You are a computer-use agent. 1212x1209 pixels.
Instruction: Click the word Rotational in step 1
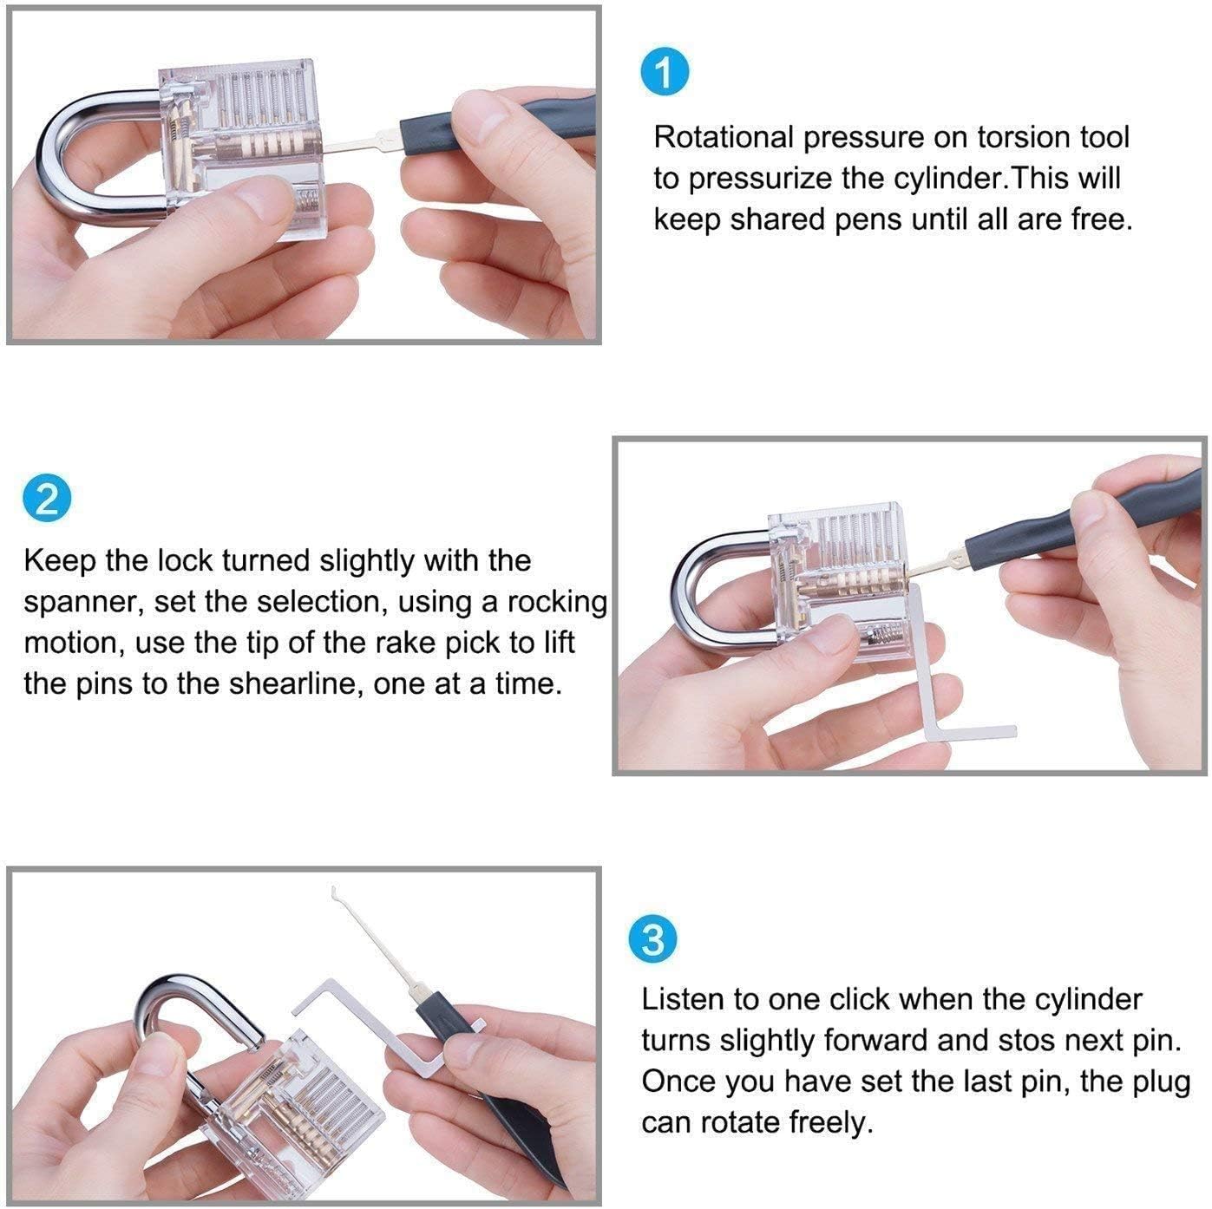(x=724, y=136)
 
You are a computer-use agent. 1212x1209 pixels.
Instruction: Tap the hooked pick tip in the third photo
(x=335, y=890)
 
